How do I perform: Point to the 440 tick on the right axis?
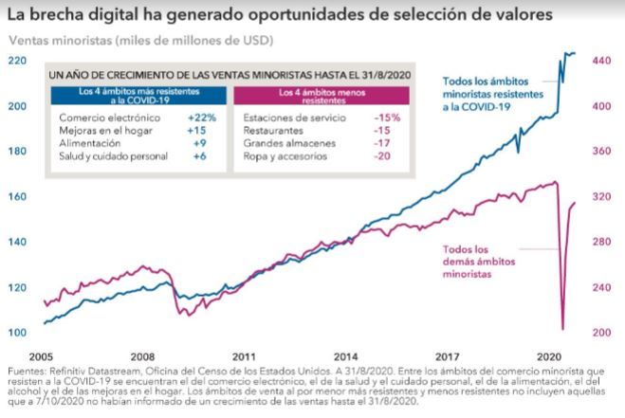tap(604, 60)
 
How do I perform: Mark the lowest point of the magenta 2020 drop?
tap(563, 329)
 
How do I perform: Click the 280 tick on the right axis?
tap(604, 242)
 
